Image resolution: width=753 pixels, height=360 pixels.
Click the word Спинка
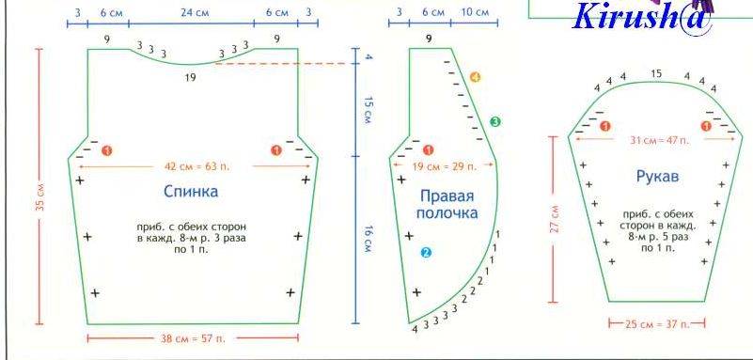tap(191, 192)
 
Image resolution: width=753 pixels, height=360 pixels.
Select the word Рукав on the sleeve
tap(657, 177)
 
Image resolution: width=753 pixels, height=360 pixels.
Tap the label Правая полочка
tap(447, 205)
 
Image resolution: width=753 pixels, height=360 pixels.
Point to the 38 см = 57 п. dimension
tap(192, 338)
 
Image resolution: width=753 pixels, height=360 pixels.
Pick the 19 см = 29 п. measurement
tap(445, 166)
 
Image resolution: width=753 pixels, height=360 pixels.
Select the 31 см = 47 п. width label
tap(659, 140)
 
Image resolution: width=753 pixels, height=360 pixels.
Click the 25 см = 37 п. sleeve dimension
tap(657, 324)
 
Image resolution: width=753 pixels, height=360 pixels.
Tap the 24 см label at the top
tap(195, 13)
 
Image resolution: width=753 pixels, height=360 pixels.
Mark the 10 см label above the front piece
tap(475, 12)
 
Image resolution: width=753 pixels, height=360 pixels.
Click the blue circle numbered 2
tap(426, 253)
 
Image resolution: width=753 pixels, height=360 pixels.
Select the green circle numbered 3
tap(495, 122)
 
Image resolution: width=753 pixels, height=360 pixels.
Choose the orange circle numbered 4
tap(475, 77)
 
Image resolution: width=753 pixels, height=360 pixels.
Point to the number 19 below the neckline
tap(190, 77)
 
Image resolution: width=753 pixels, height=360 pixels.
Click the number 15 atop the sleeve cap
tap(656, 73)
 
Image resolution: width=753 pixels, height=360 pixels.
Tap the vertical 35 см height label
tap(39, 196)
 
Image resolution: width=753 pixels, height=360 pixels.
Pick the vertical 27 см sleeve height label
tap(555, 219)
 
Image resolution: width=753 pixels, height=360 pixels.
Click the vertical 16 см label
tap(368, 240)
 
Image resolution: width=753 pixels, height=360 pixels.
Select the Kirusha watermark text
tap(643, 17)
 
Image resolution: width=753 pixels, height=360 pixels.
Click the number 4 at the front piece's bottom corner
tap(415, 329)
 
